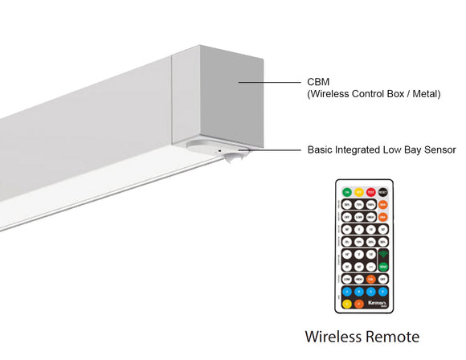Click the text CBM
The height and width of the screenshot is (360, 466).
pos(317,82)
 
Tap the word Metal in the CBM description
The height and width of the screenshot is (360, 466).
pos(424,94)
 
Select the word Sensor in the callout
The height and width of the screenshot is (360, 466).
pos(440,149)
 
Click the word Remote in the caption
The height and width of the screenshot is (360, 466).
pos(392,336)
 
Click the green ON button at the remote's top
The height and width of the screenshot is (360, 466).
pos(346,192)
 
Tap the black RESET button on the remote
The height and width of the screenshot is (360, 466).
pos(383,192)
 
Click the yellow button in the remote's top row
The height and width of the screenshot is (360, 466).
pos(358,192)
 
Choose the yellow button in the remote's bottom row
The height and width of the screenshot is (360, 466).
pos(346,304)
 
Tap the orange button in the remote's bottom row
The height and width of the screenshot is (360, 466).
pos(358,304)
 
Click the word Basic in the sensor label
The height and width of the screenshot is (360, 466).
pos(319,149)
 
